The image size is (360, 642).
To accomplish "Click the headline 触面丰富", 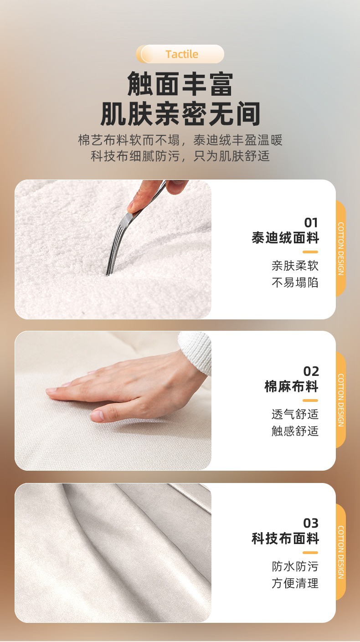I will click(x=180, y=84).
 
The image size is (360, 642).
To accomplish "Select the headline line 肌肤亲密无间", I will click(x=180, y=114).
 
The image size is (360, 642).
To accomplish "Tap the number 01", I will click(x=311, y=223).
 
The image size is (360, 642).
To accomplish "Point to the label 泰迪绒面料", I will click(x=285, y=238).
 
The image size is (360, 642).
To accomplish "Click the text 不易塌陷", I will click(x=295, y=282).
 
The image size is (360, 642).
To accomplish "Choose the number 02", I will click(x=311, y=371).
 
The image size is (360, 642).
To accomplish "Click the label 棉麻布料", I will click(x=292, y=387).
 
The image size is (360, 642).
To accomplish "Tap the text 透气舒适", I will click(x=295, y=415).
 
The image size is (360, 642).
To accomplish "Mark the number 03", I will click(x=311, y=523).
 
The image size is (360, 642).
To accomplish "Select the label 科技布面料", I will click(x=285, y=539).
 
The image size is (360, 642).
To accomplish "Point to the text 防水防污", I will click(x=295, y=567).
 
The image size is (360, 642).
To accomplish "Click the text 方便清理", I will click(x=295, y=583).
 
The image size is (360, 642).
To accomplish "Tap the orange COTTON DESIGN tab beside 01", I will click(x=341, y=249).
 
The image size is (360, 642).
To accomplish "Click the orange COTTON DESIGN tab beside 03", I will click(x=341, y=552).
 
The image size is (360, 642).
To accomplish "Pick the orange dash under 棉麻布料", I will click(x=310, y=401).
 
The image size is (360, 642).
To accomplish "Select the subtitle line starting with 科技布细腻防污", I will click(x=180, y=156).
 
